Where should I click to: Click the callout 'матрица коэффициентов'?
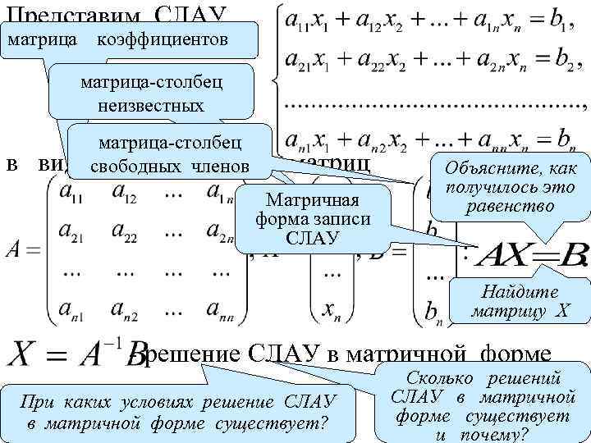131,40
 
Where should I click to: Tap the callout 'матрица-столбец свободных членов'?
171,153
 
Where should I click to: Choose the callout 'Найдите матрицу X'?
520,301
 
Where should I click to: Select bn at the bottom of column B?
435,311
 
